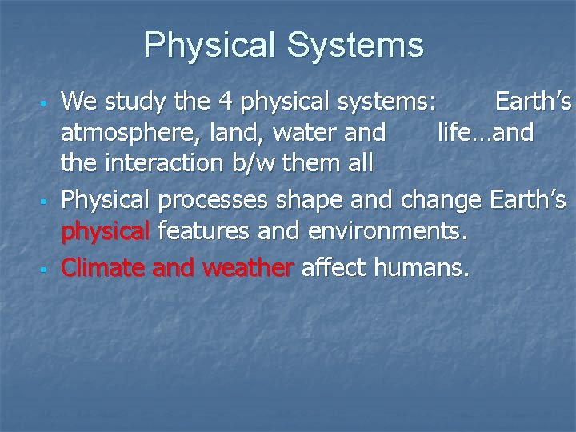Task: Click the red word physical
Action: coord(106,233)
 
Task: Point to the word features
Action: coord(202,233)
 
